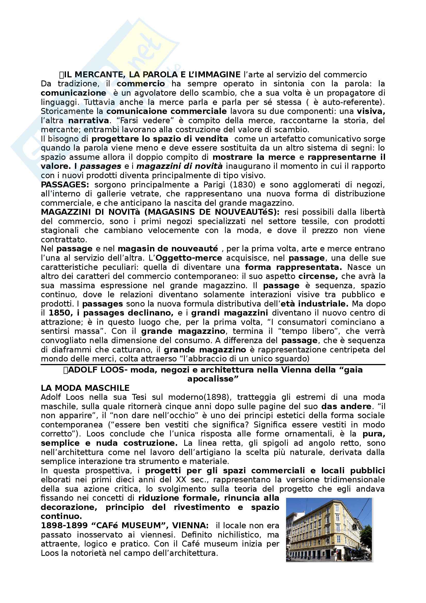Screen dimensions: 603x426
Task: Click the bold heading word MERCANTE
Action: point(99,75)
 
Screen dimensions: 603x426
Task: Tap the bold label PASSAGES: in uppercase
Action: point(65,185)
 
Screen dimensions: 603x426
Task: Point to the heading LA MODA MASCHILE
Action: point(85,388)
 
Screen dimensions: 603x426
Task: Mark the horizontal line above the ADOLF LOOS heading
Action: point(213,365)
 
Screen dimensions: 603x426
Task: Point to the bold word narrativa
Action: point(88,121)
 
